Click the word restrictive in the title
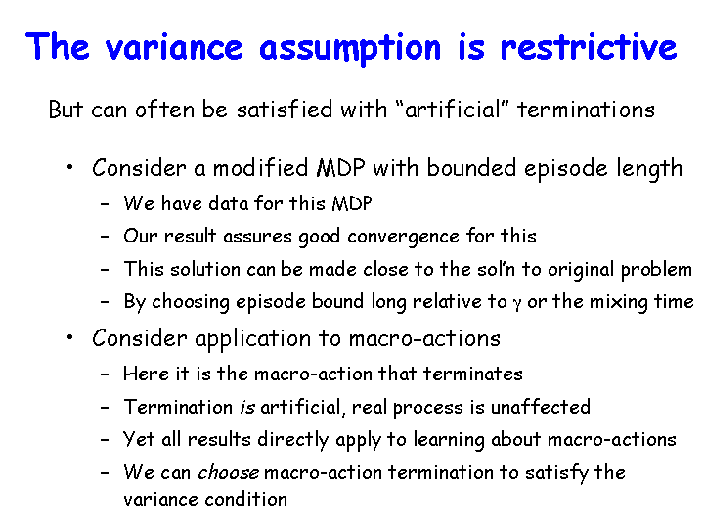coord(589,47)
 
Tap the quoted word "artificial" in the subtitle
coord(454,110)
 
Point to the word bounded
coord(471,168)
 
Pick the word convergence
coord(403,237)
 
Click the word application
coord(253,339)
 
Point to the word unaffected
coord(540,407)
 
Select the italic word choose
coord(228,473)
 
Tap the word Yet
coord(138,439)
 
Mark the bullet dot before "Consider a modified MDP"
coord(69,168)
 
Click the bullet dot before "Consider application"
coord(69,337)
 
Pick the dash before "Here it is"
coord(105,374)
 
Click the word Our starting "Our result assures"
coord(140,237)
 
